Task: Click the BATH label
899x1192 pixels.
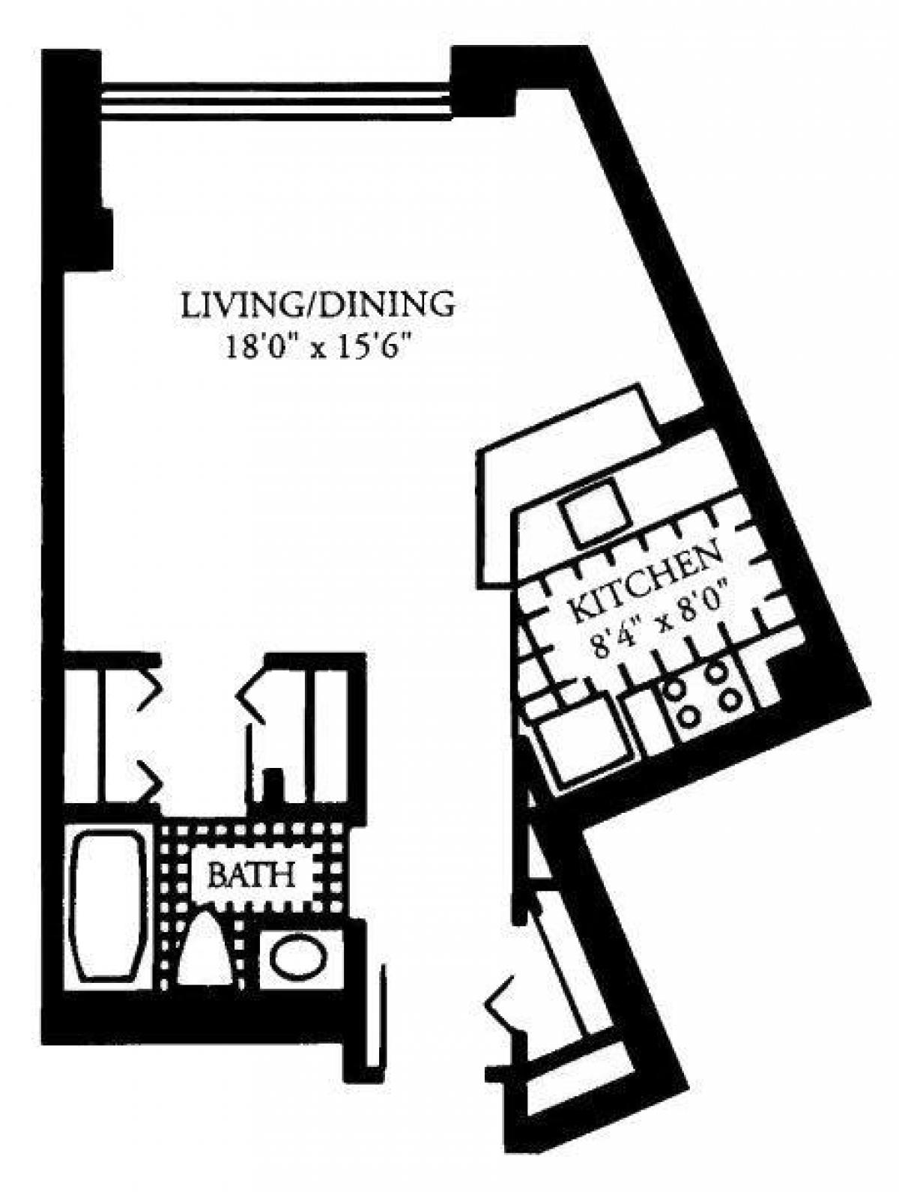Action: pyautogui.click(x=250, y=874)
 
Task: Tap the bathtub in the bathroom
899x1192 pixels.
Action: pyautogui.click(x=108, y=906)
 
